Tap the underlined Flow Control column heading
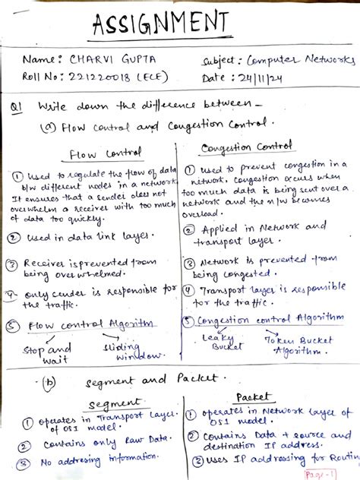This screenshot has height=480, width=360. pos(95,154)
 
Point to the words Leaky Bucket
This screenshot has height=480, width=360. pos(221,341)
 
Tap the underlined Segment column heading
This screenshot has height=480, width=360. pos(110,404)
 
